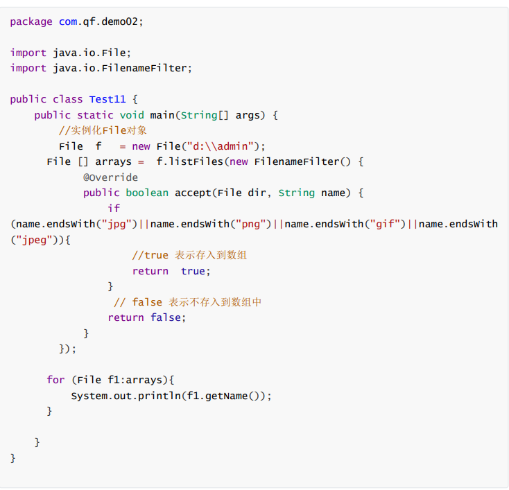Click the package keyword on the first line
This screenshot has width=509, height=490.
coord(31,22)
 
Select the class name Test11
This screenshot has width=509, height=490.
coord(107,99)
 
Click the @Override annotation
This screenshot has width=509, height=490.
coord(110,177)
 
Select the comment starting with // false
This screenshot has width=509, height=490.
coord(187,302)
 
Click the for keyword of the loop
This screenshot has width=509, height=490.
coord(55,380)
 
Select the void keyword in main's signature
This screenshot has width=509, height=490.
coord(132,115)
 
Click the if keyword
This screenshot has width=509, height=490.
coord(114,208)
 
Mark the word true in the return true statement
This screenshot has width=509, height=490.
coord(193,271)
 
